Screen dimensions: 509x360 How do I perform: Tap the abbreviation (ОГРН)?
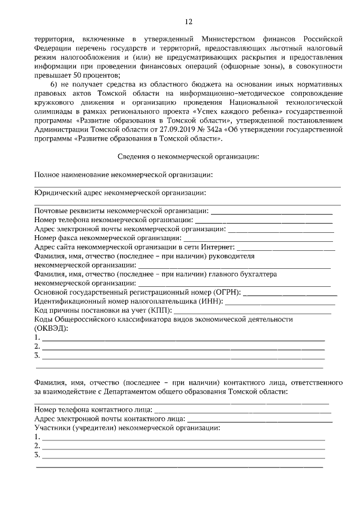[x=227, y=292]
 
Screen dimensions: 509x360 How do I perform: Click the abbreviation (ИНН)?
[x=211, y=301]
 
